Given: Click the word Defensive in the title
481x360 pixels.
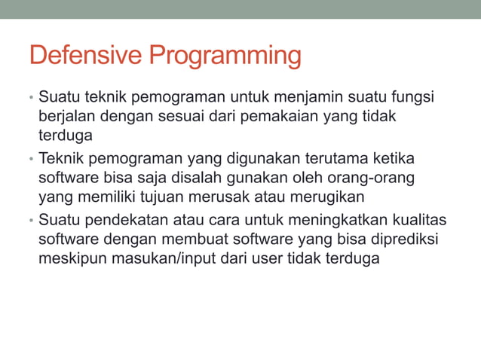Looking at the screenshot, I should (85, 56).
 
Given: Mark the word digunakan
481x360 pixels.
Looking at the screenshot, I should (262, 160).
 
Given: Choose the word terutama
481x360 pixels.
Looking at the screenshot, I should (339, 160).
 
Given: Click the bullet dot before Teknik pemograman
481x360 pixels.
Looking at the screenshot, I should (32, 160).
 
